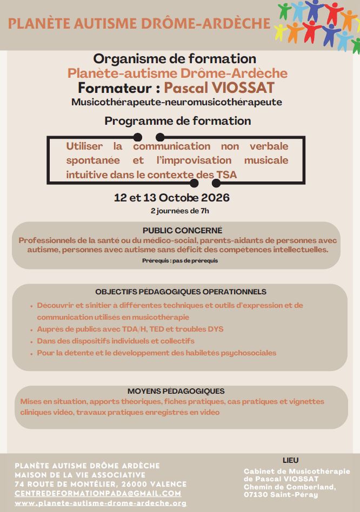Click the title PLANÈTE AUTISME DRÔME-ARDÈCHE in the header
(x=139, y=23)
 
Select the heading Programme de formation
(x=177, y=121)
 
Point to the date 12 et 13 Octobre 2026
(x=172, y=197)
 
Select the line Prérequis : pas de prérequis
(x=177, y=260)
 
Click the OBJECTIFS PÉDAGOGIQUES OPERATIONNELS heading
(x=181, y=292)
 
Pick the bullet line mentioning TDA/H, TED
(x=130, y=329)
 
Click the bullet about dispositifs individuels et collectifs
(x=116, y=341)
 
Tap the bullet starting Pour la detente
(x=157, y=353)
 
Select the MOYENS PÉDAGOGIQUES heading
(x=176, y=391)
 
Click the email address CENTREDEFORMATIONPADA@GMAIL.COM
(x=98, y=494)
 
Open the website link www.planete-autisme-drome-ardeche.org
(x=101, y=503)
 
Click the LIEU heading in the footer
(x=290, y=460)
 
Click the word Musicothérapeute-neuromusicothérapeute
(x=177, y=102)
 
